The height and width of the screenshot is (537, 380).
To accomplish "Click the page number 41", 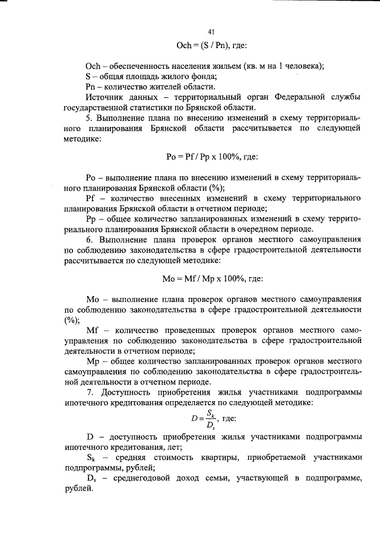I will (x=211, y=32).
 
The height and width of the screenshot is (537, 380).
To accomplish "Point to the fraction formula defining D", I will (x=203, y=418).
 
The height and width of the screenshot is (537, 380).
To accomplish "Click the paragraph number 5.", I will (x=87, y=118).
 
